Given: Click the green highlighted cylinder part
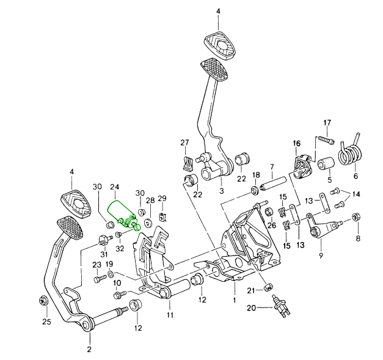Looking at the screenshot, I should (x=121, y=214).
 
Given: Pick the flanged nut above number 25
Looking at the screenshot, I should (x=43, y=300).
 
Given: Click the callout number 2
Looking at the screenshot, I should (x=89, y=350).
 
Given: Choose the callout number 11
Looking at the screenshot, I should (x=170, y=315).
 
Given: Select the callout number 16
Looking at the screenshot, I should (x=297, y=144).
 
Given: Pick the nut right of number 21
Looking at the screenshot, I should (x=268, y=288).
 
